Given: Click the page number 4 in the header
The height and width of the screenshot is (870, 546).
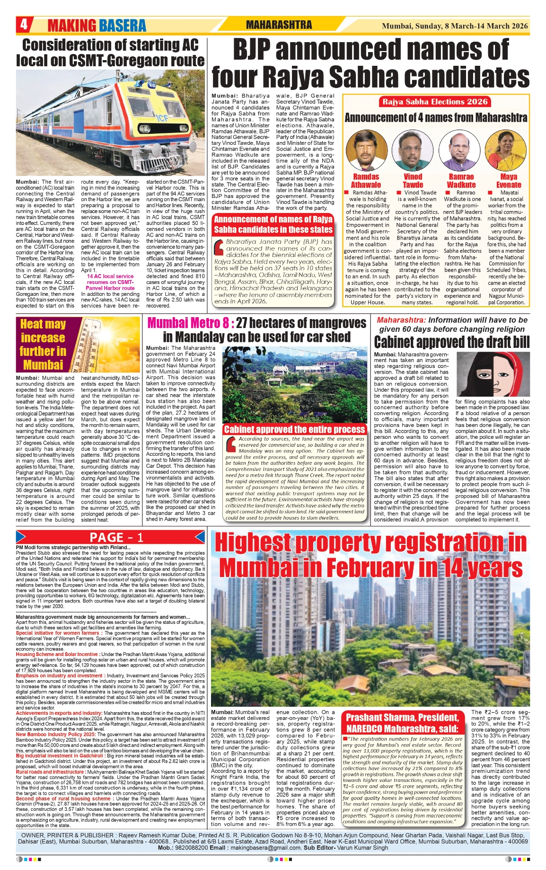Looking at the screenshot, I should pyautogui.click(x=24, y=24).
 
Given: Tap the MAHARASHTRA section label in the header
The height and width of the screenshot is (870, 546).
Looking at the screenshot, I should pyautogui.click(x=279, y=25).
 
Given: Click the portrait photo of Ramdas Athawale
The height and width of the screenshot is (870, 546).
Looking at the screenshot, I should pyautogui.click(x=365, y=151).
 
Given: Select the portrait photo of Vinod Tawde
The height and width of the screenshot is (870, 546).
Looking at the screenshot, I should pyautogui.click(x=413, y=151).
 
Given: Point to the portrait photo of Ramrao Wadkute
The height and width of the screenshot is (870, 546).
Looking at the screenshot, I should pyautogui.click(x=461, y=151).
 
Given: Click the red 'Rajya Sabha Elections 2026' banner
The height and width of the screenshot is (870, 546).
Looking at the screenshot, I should pyautogui.click(x=435, y=101).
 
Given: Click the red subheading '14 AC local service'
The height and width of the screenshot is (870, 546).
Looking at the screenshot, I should pyautogui.click(x=110, y=276).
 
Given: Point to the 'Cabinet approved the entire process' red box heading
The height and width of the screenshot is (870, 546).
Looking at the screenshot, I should pyautogui.click(x=295, y=429).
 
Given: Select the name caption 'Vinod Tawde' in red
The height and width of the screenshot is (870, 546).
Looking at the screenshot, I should pyautogui.click(x=413, y=180).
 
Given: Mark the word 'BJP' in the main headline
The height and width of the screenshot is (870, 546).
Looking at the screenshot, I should pyautogui.click(x=258, y=50).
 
